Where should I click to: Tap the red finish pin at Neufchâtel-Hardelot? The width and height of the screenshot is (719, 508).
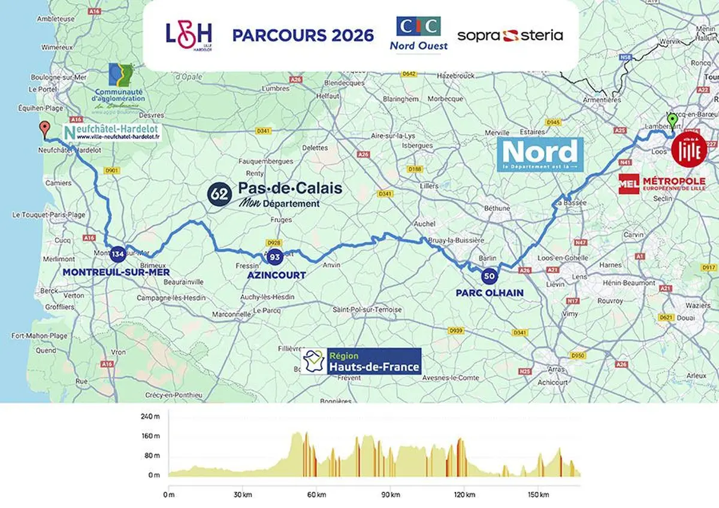[x=44, y=128]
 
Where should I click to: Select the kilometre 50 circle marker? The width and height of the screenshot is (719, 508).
[x=489, y=276]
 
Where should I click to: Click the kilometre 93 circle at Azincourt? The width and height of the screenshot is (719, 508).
[x=275, y=257]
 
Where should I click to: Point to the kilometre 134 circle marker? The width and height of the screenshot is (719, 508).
[x=117, y=254]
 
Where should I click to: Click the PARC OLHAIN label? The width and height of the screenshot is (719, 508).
[x=489, y=292]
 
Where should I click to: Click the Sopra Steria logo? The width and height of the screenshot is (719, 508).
[x=510, y=35]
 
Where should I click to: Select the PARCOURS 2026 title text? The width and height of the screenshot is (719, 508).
[x=303, y=35]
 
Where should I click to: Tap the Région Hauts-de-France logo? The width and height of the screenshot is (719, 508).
[x=362, y=362]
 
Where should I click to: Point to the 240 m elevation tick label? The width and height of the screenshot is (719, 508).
[x=151, y=416]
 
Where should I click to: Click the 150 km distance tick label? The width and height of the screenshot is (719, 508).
[x=538, y=495]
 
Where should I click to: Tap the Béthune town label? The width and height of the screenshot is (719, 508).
[x=497, y=208]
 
